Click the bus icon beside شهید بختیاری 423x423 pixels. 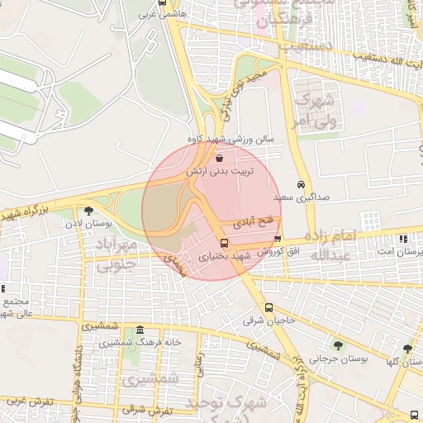225,243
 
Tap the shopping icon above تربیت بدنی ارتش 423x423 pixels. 219,157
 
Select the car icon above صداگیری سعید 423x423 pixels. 300,185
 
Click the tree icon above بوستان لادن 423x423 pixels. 89,211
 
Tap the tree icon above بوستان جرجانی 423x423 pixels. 337,345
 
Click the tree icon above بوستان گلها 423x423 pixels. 407,349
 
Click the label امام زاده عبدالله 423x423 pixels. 335,245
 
